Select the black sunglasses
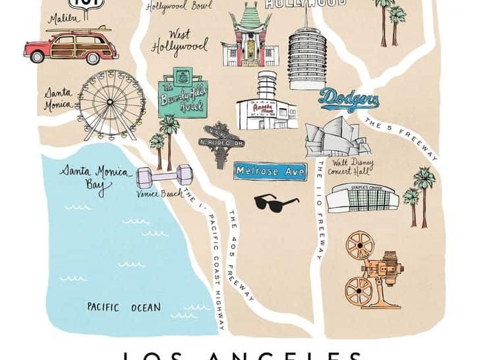tap(276, 202)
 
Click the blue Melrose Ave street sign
tap(270, 171)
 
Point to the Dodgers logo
tap(349, 100)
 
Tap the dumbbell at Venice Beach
tap(164, 177)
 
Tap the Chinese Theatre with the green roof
tap(248, 39)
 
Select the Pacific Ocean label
tap(124, 307)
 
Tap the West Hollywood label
tap(179, 41)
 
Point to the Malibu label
tap(63, 18)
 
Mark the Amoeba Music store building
tap(267, 103)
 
